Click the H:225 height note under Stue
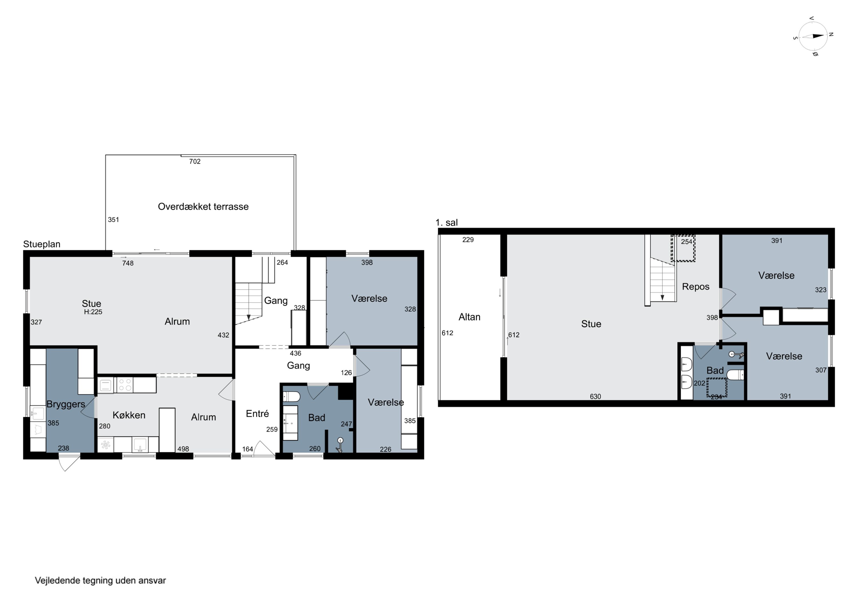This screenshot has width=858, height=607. pos(93,312)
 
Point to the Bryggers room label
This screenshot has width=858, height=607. pos(66,404)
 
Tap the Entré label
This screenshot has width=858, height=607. pos(257,414)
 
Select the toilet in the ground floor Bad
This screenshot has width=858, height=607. pos(291,396)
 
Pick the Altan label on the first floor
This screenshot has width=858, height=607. pos(469,317)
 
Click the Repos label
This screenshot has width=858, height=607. pos(696,287)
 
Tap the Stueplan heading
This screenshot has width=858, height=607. pos(42,244)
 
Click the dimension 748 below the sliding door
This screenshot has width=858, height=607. pos(128,263)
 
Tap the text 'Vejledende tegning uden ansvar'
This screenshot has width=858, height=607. pos(100,580)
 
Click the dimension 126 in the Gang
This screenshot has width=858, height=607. pos(346,373)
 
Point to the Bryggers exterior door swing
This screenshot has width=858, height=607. pos(69,462)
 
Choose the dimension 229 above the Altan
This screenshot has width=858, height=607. pos(468,240)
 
